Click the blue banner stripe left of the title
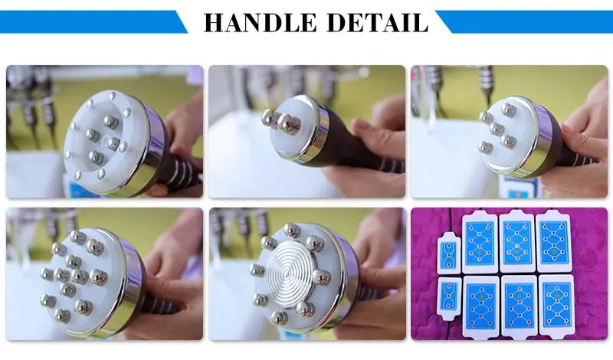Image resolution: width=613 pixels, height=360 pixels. (x=92, y=21)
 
